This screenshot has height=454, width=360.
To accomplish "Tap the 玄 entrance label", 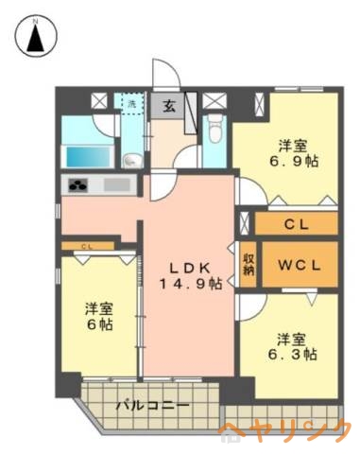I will (x=167, y=105).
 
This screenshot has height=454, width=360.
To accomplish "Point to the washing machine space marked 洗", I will (x=131, y=103).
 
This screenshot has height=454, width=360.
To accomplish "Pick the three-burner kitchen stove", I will (x=77, y=184).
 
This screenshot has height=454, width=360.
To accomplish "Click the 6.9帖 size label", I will (x=292, y=162).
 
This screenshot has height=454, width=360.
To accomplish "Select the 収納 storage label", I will (x=249, y=263).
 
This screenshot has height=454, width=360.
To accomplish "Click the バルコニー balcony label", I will (x=152, y=406).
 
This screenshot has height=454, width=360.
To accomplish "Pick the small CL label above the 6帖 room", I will (x=86, y=247).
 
